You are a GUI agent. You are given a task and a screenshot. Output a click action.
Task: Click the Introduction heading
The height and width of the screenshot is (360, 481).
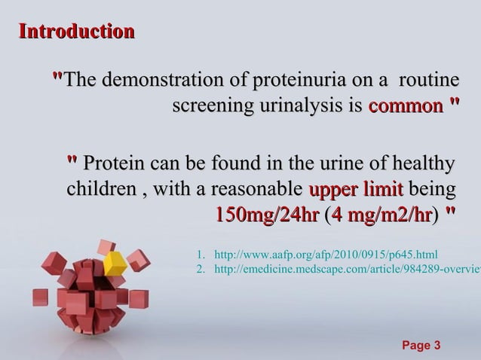point(77,32)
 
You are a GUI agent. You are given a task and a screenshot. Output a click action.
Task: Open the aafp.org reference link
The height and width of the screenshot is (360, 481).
point(325,255)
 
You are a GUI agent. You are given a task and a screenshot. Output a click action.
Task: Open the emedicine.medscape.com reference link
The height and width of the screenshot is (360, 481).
point(348,270)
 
